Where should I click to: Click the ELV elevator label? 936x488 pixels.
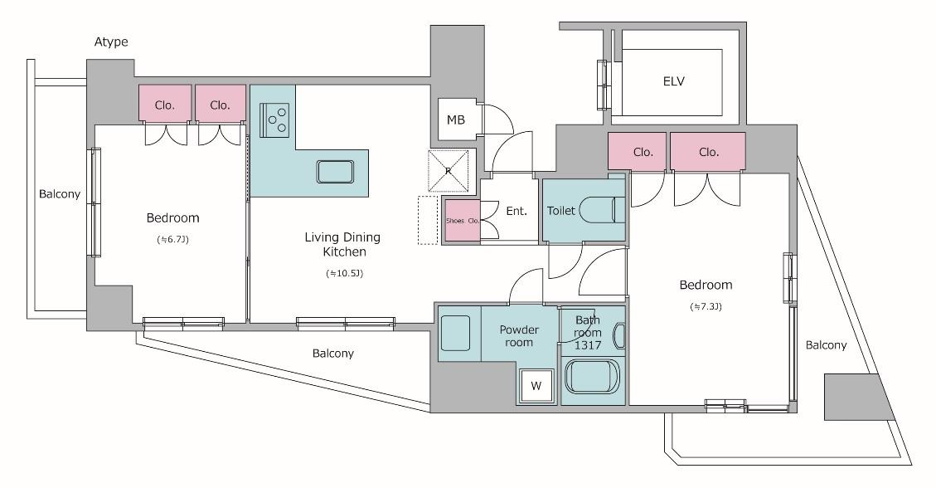(673, 81)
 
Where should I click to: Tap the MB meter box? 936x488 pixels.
(457, 120)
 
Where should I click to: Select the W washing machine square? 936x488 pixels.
(536, 386)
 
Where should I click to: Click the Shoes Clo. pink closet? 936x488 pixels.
(463, 221)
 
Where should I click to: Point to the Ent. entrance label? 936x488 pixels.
(516, 211)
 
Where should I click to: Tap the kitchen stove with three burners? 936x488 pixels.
(274, 119)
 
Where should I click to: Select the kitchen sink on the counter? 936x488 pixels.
(335, 172)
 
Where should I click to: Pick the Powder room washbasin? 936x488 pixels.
(455, 333)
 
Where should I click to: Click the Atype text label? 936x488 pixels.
(111, 42)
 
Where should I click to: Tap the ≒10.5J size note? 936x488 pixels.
(344, 274)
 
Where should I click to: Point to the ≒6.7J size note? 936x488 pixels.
(172, 240)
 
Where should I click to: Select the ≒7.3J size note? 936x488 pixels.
(706, 307)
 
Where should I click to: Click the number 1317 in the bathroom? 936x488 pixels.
(588, 345)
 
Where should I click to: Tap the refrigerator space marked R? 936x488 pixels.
(449, 171)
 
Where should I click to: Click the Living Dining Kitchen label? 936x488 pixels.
(342, 244)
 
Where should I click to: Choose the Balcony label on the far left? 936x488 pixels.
(60, 194)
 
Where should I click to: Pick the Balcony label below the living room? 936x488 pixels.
(333, 354)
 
